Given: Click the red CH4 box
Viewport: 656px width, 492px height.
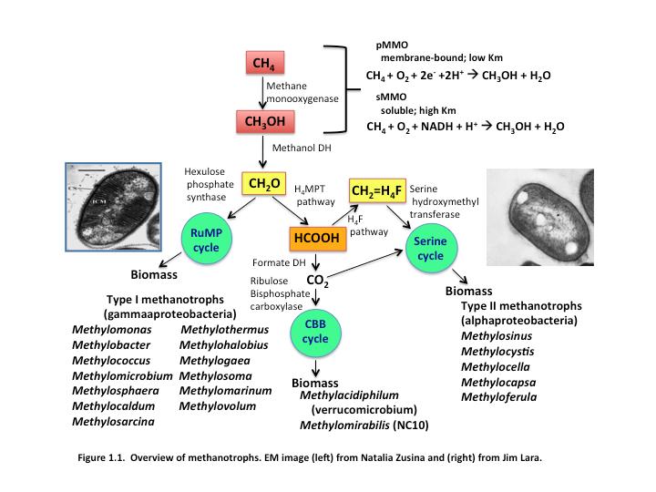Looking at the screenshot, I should coord(264,63).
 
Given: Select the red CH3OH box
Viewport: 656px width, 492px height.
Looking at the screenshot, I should coord(264,121).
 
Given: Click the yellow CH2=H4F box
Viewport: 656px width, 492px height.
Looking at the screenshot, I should coord(377,191).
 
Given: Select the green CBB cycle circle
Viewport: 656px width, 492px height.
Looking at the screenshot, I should coord(316,333).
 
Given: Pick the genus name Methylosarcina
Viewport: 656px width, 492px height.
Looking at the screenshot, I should coord(113,422).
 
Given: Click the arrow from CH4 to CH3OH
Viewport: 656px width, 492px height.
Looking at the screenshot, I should coord(263,92).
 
